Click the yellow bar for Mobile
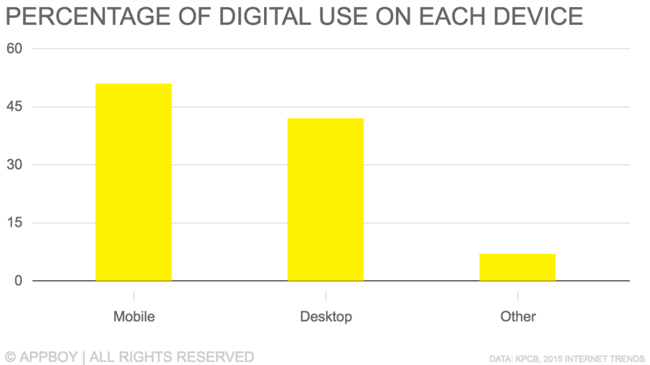(x=133, y=182)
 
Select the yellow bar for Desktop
(x=326, y=200)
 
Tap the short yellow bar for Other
(x=517, y=267)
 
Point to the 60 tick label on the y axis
(x=15, y=49)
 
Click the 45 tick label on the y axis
(x=15, y=106)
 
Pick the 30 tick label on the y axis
(x=15, y=165)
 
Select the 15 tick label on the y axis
(x=15, y=223)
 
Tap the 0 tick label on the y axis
(x=18, y=281)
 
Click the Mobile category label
(x=134, y=316)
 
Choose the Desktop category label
(x=326, y=316)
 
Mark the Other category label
(x=518, y=316)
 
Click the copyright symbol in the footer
(x=11, y=357)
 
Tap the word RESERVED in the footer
(x=218, y=357)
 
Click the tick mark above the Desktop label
(x=326, y=296)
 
